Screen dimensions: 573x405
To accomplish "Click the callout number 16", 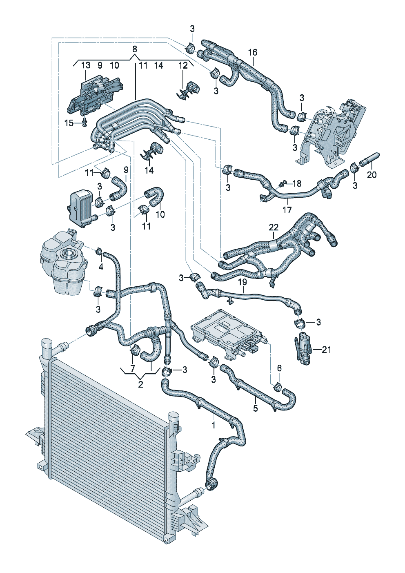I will point(253,52).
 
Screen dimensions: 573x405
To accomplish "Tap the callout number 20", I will point(372,175).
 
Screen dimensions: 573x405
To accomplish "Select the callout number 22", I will point(274,227).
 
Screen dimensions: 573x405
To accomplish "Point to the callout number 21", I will point(327,350).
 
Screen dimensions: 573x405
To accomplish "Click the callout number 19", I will point(243,282).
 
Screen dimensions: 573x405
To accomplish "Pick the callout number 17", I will point(287,210).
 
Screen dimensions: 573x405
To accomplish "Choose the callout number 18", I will point(297,183).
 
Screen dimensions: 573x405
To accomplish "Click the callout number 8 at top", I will point(135,49).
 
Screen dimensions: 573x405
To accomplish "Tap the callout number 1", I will point(213,425).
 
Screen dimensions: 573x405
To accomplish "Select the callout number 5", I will point(256,408).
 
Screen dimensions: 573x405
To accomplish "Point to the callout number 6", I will point(279,368).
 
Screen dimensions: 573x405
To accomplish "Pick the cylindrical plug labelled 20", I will point(370,159).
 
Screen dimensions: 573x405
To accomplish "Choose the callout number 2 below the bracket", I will point(141,384).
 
